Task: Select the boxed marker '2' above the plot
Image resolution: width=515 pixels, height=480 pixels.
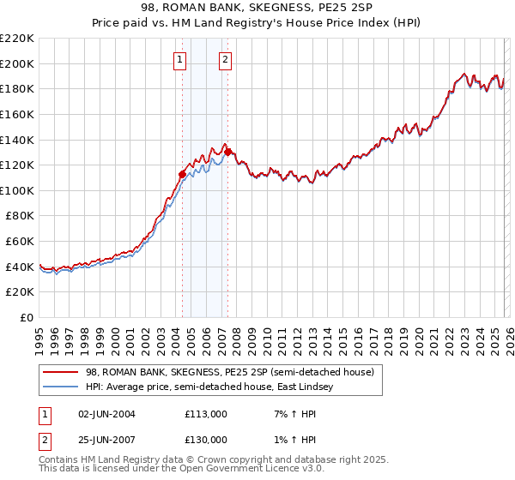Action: point(225,60)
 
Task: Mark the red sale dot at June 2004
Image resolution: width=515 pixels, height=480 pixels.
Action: point(182,174)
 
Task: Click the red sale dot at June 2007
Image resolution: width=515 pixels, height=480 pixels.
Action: point(228,153)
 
